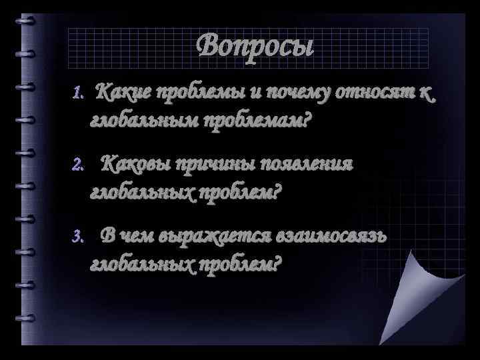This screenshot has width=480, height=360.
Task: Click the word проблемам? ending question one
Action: tap(252, 121)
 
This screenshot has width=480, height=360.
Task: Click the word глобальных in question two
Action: tap(140, 193)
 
